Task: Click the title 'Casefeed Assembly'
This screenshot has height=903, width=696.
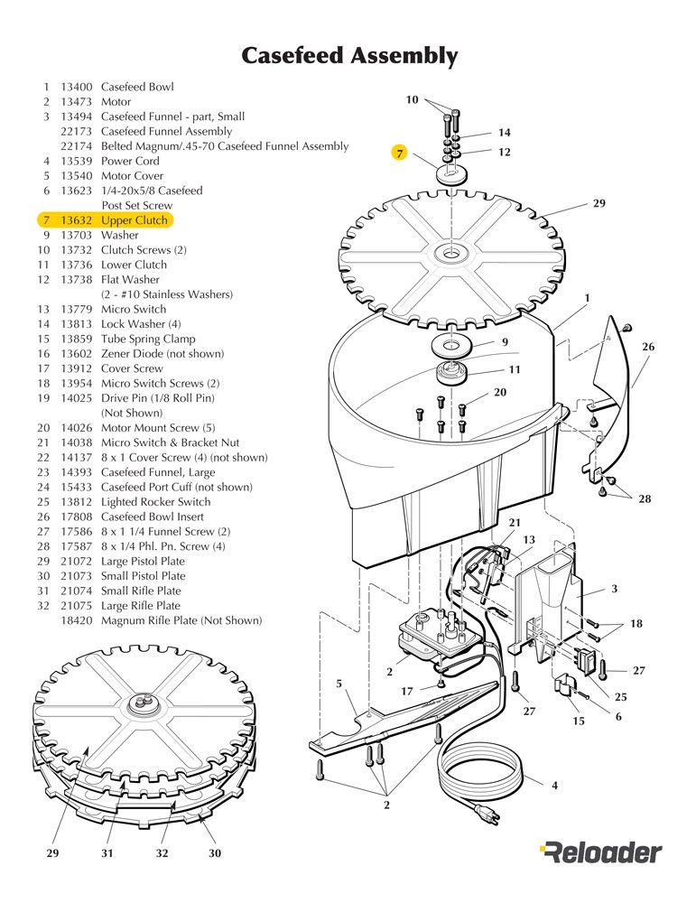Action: [x=348, y=56]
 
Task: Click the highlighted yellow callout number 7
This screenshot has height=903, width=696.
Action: [x=399, y=153]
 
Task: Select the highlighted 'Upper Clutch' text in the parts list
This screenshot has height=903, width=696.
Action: [x=135, y=219]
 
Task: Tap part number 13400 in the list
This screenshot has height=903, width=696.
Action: [x=77, y=87]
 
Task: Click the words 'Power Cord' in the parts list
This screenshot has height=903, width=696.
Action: [x=130, y=161]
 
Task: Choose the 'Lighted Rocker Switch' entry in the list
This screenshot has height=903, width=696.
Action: [x=155, y=501]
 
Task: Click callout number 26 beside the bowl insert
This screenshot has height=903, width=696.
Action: [x=648, y=347]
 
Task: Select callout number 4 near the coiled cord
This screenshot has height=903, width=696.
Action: [x=554, y=786]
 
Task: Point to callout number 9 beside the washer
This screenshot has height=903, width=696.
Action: [x=506, y=342]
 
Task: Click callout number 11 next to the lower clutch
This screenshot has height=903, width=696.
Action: [x=515, y=368]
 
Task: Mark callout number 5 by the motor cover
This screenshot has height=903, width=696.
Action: [x=339, y=684]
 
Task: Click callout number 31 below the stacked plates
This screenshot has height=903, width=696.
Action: [x=107, y=852]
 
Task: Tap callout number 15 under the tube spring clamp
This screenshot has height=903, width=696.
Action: [x=578, y=721]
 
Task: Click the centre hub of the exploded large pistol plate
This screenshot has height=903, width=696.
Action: [x=448, y=254]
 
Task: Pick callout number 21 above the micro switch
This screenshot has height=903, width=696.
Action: [x=515, y=523]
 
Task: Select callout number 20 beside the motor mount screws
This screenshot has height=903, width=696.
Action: [x=500, y=393]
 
